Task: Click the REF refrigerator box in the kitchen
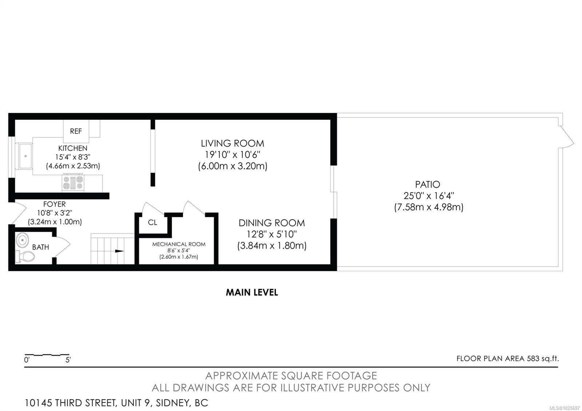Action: coord(76,131)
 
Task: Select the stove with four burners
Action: coord(73,183)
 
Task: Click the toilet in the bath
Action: coord(25,256)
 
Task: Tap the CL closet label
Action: coord(152,222)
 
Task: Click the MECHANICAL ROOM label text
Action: coord(179,244)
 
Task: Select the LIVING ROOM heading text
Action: coord(232,143)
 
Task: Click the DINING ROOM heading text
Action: coord(272,223)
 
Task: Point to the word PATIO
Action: coord(428,184)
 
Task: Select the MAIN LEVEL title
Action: coord(252,292)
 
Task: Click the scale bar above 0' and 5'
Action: coord(47,354)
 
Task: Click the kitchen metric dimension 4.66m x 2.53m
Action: coord(73,166)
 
